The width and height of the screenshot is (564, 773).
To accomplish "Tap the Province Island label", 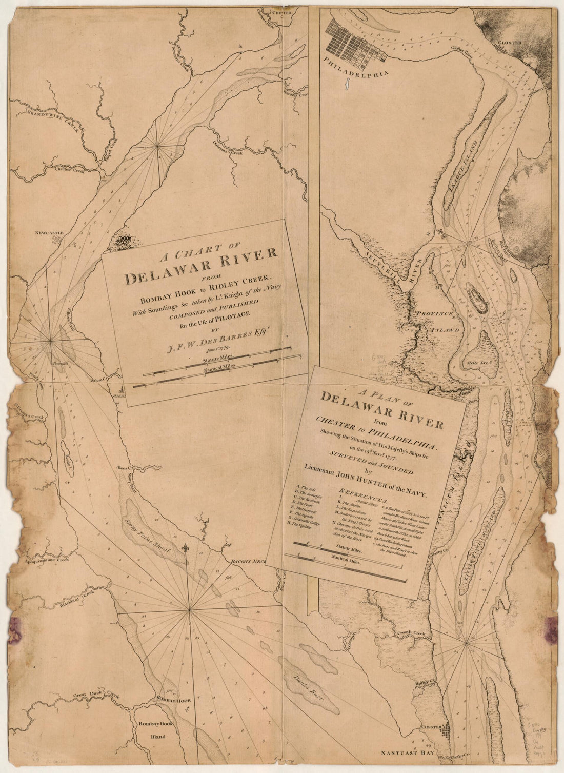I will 441,321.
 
